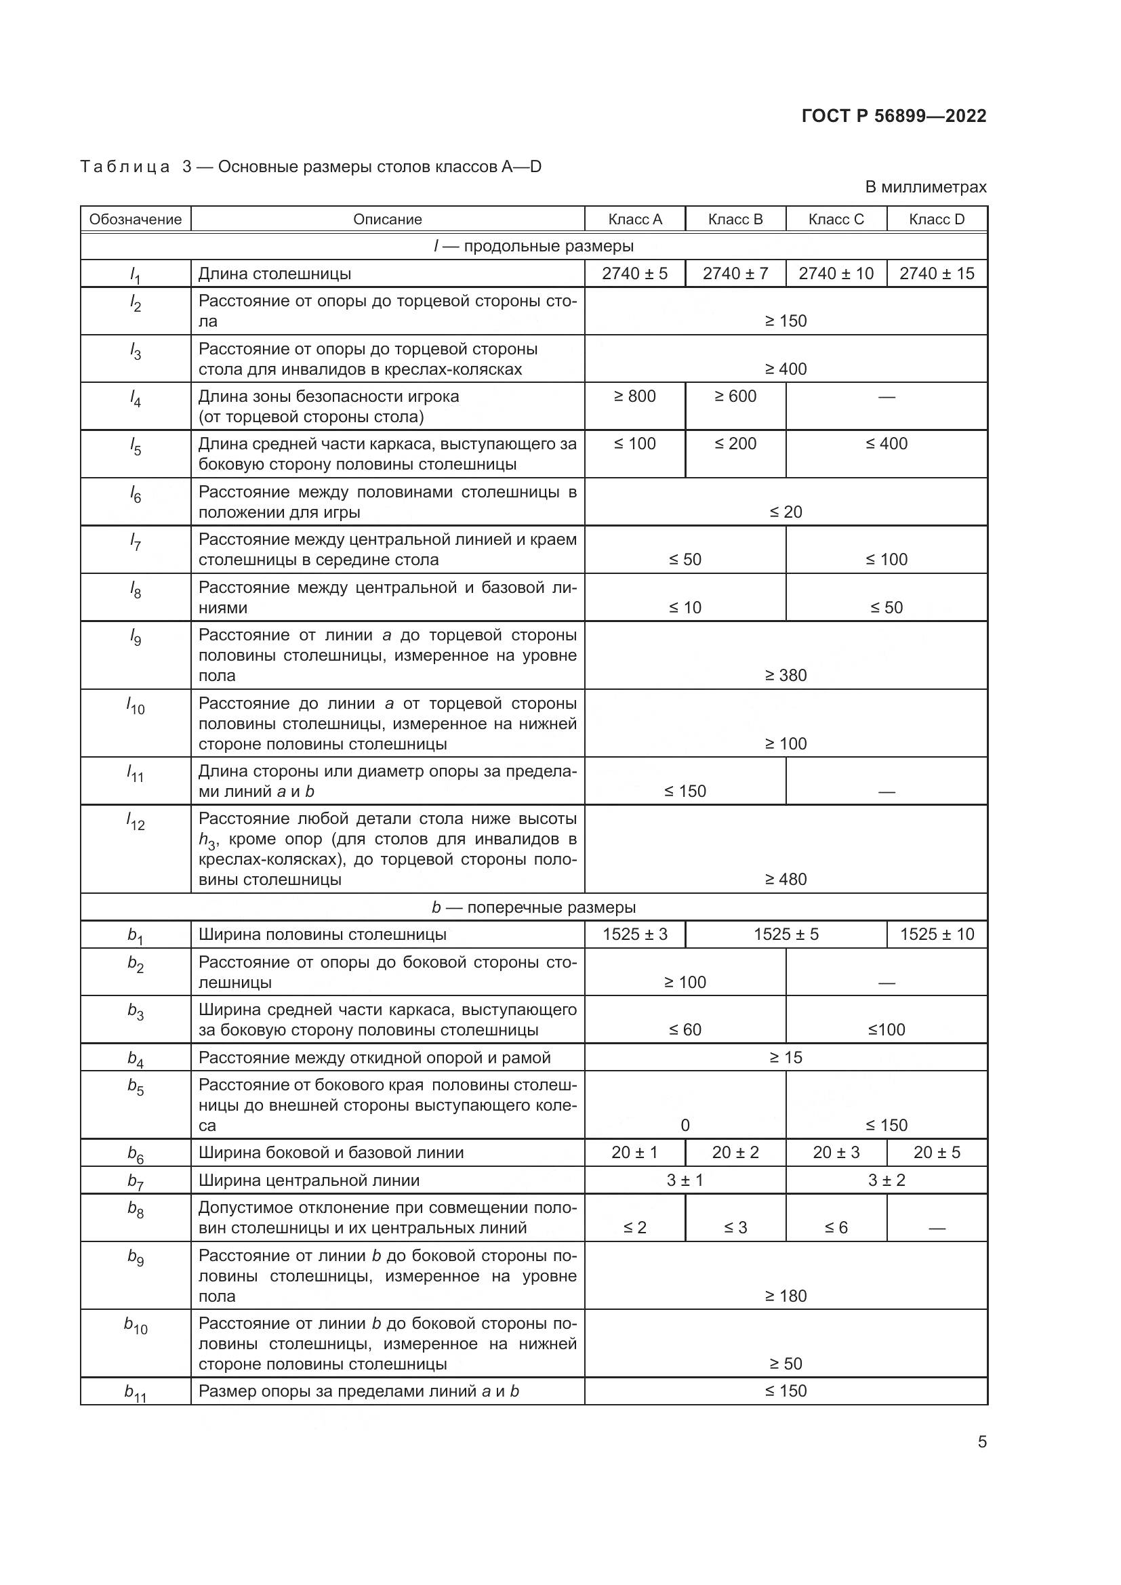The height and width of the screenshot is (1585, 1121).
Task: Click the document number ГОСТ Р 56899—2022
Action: point(893,116)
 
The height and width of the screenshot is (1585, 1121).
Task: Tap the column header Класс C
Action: point(835,219)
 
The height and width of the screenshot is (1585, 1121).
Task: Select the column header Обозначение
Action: point(136,219)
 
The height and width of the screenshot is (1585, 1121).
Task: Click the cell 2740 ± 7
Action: point(735,273)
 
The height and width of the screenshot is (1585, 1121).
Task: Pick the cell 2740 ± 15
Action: point(936,273)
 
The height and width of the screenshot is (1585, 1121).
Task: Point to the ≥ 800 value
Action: point(634,396)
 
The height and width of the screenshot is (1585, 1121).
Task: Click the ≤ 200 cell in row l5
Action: point(735,444)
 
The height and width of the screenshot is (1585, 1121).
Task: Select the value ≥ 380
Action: point(786,675)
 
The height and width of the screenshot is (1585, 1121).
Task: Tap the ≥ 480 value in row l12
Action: point(786,879)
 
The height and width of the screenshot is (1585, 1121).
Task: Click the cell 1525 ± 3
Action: point(634,934)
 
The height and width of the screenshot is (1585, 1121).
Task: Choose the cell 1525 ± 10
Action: point(936,934)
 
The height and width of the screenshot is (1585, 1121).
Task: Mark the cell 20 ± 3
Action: point(835,1152)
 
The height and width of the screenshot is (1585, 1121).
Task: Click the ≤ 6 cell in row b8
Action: point(835,1227)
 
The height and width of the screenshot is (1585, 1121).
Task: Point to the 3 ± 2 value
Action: point(886,1180)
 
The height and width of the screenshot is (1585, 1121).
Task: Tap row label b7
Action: point(136,1181)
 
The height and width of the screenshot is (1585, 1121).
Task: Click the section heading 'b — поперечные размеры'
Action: point(533,907)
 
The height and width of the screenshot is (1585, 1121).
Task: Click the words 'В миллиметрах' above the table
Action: point(925,187)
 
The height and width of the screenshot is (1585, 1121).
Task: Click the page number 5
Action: point(981,1442)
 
